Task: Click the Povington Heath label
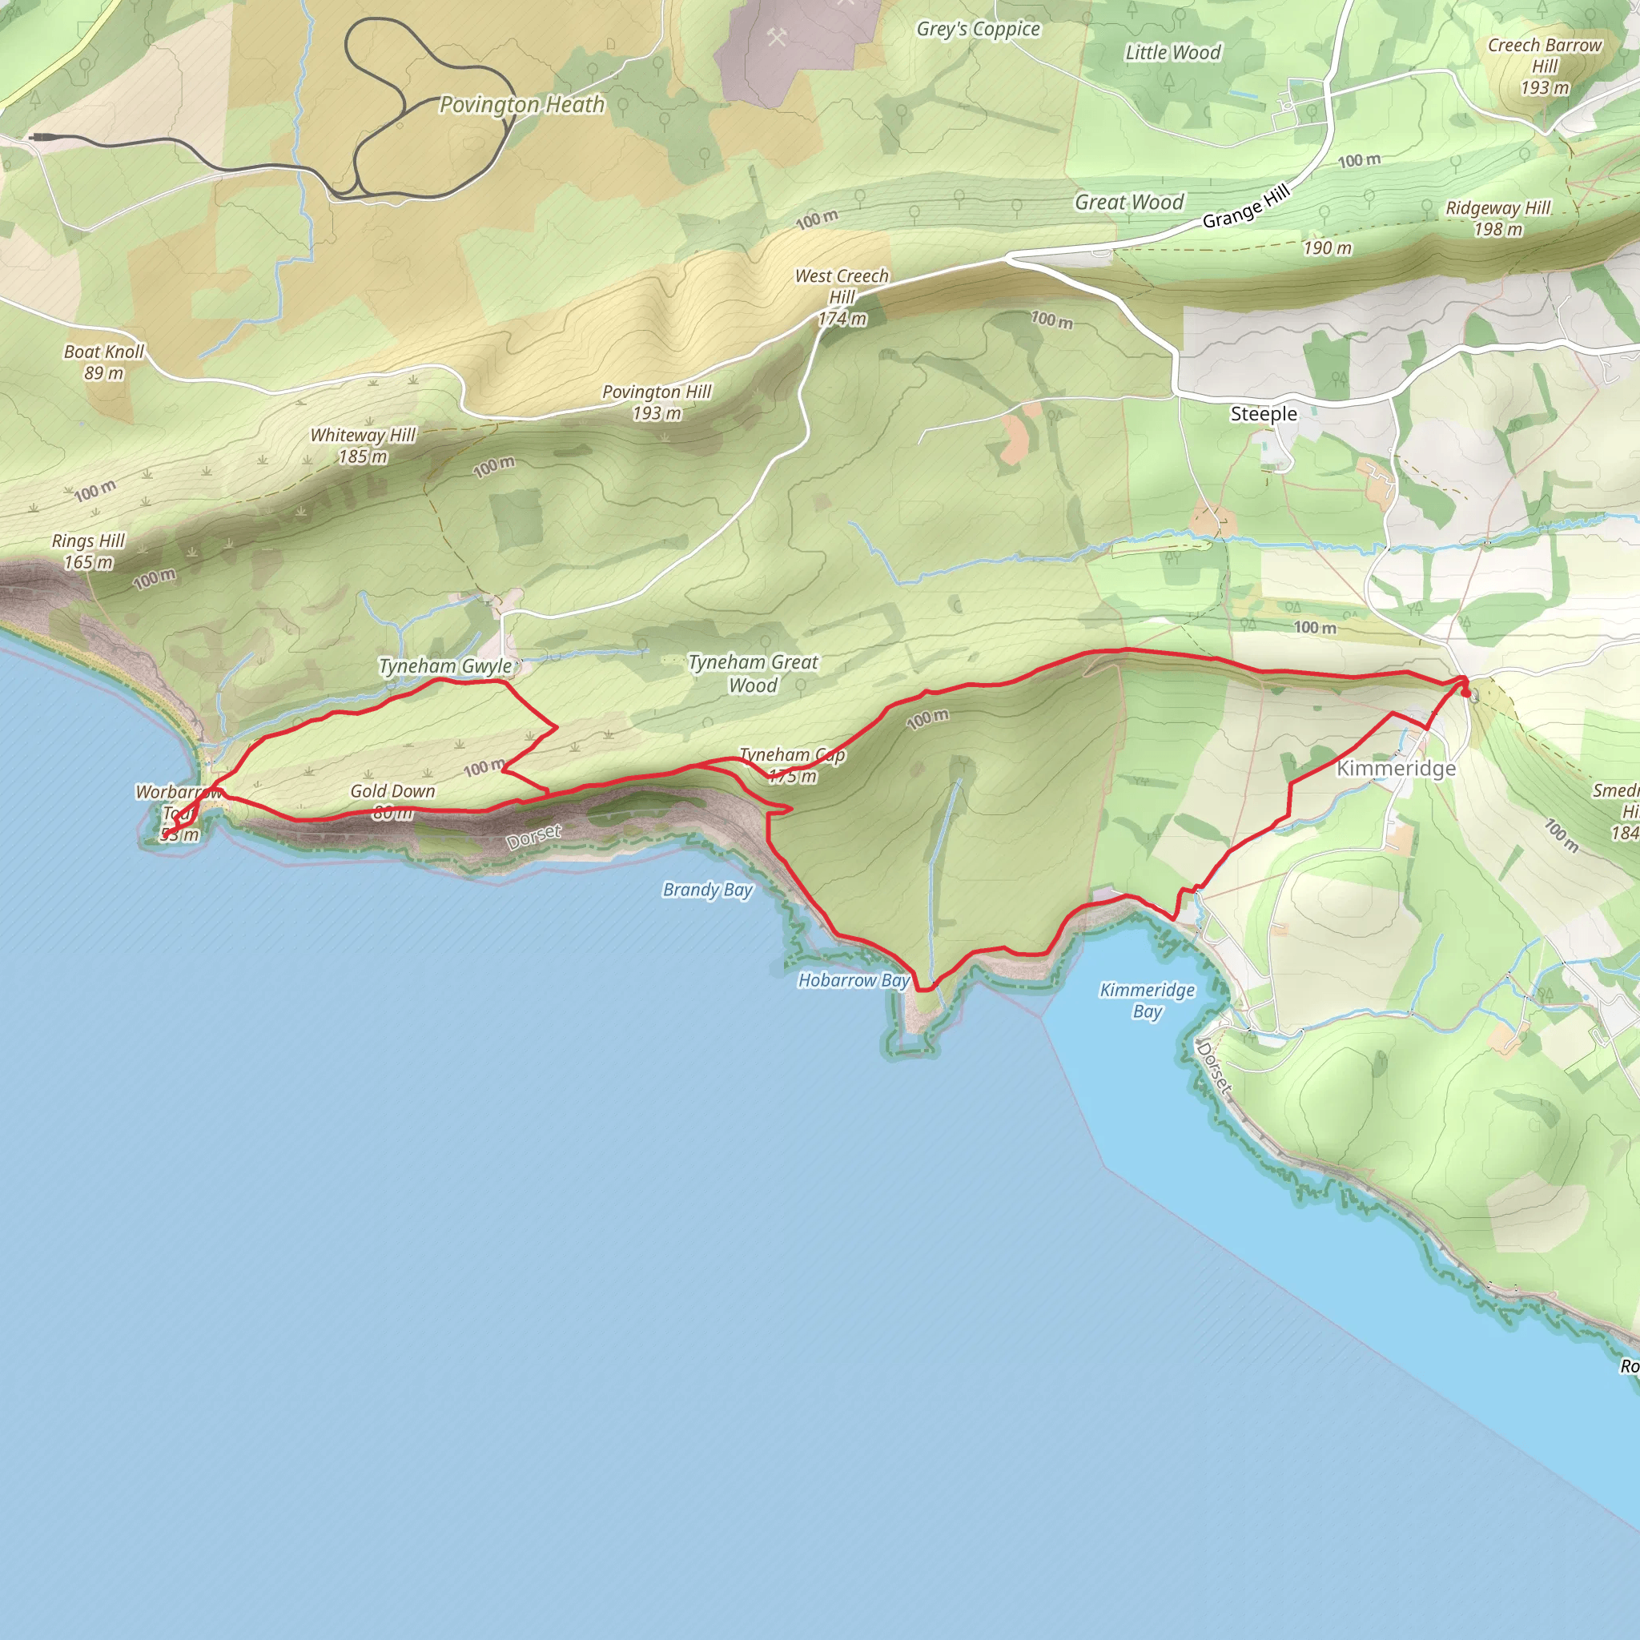coord(521,104)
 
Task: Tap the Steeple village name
coord(1263,414)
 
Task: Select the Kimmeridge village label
coord(1396,768)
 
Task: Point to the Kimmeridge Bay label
coord(1147,1000)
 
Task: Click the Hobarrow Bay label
coord(853,980)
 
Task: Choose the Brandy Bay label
coord(707,890)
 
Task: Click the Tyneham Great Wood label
coord(753,673)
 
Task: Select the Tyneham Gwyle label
coord(444,666)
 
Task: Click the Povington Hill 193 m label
coord(656,402)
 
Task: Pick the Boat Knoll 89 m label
coord(103,362)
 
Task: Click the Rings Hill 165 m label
coord(88,551)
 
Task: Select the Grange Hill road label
coord(1245,207)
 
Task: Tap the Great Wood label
coord(1128,202)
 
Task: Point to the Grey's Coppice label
coord(978,29)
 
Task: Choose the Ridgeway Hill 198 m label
coord(1497,218)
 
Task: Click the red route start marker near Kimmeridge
coord(1466,693)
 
